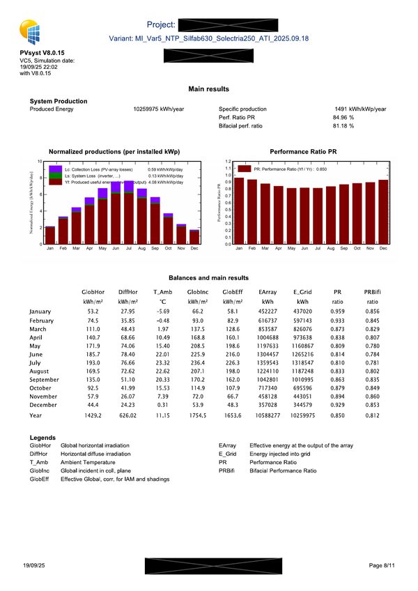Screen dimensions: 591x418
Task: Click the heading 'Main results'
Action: click(x=209, y=89)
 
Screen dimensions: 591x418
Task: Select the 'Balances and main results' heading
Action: click(x=209, y=278)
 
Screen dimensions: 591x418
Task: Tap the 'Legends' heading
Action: click(x=44, y=437)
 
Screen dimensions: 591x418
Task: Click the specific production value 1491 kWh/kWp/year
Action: click(x=360, y=109)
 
